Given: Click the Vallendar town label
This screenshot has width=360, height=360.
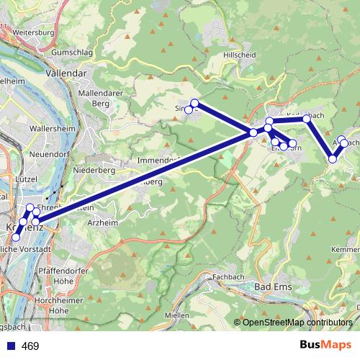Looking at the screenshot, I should (x=66, y=73).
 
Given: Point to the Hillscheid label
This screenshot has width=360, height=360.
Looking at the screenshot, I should (x=240, y=55).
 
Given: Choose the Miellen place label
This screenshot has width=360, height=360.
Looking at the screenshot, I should (x=176, y=315).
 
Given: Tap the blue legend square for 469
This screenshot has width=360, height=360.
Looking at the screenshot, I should (x=12, y=346).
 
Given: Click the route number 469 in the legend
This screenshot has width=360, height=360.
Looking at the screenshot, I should (x=30, y=346).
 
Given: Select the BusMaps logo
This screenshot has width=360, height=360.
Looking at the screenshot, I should (x=325, y=345).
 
